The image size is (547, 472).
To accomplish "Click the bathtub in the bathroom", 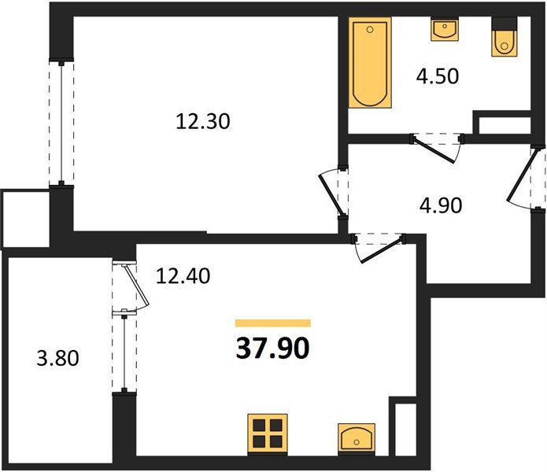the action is click(x=370, y=63).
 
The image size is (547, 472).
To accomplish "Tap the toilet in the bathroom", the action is click(x=504, y=38).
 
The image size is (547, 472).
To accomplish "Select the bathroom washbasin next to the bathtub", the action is click(x=444, y=29).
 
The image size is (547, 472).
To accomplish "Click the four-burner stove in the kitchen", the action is click(x=268, y=433).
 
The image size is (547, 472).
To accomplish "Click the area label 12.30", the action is click(x=203, y=122).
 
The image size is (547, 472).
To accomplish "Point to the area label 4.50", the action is click(x=437, y=76).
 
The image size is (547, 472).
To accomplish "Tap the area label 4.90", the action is click(x=441, y=205).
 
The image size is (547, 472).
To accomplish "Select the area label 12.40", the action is click(x=183, y=276).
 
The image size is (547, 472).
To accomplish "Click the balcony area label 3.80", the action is click(x=58, y=358).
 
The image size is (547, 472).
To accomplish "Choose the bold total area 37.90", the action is click(x=273, y=348).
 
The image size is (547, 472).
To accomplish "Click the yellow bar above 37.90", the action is click(x=273, y=323).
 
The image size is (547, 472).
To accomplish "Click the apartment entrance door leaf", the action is click(x=519, y=175).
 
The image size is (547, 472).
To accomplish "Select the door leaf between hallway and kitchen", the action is click(x=383, y=250).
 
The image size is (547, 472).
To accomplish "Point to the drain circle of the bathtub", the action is click(x=370, y=30).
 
